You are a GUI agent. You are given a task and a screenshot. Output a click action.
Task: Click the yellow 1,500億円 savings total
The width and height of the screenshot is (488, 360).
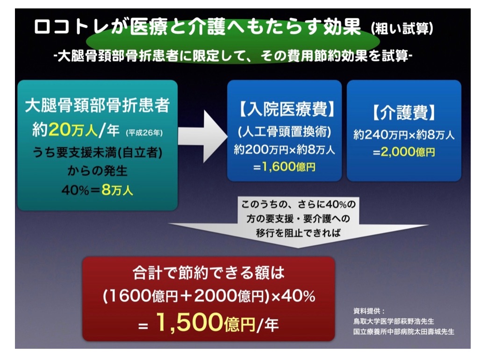pyautogui.click(x=205, y=322)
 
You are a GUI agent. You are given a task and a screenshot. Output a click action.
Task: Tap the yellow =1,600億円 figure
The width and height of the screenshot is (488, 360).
pyautogui.click(x=284, y=167)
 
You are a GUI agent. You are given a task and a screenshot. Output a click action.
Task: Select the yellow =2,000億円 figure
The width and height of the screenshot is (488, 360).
pyautogui.click(x=404, y=152)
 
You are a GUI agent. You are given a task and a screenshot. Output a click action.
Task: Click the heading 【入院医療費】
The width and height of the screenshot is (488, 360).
pyautogui.click(x=284, y=109)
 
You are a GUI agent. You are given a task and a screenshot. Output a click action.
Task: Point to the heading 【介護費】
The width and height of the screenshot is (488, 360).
pyautogui.click(x=404, y=112)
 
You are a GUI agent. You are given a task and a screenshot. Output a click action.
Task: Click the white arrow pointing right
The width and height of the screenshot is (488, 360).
pyautogui.click(x=203, y=136)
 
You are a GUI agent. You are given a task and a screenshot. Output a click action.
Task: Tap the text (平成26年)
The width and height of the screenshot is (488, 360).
pyautogui.click(x=144, y=133)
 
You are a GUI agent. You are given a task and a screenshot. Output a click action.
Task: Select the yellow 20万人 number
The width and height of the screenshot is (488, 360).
pyautogui.click(x=73, y=129)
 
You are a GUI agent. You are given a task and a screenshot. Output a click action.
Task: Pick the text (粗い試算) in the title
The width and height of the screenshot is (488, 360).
pyautogui.click(x=402, y=29)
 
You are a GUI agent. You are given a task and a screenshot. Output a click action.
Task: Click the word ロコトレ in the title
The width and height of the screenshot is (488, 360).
pyautogui.click(x=72, y=27)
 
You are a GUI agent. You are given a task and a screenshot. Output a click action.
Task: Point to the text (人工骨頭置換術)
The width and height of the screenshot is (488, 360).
pyautogui.click(x=284, y=132)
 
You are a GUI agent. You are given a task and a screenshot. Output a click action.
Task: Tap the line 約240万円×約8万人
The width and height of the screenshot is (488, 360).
pyautogui.click(x=404, y=135)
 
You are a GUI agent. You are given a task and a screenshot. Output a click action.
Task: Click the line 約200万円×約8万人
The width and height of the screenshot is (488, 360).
pyautogui.click(x=284, y=150)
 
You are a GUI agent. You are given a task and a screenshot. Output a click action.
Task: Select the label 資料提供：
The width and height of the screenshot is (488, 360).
pyautogui.click(x=369, y=311)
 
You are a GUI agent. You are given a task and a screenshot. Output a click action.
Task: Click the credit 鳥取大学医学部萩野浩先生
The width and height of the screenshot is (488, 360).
pyautogui.click(x=394, y=321)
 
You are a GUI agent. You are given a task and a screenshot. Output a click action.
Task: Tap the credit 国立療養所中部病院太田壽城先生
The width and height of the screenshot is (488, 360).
pyautogui.click(x=404, y=331)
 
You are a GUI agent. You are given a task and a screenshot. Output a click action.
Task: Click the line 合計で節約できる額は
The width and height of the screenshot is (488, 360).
pyautogui.click(x=208, y=273)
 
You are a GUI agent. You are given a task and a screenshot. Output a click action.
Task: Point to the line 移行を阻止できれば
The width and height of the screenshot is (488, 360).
pyautogui.click(x=298, y=233)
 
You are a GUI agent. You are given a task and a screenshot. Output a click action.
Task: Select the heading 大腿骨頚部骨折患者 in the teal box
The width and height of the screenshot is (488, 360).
pyautogui.click(x=97, y=105)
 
